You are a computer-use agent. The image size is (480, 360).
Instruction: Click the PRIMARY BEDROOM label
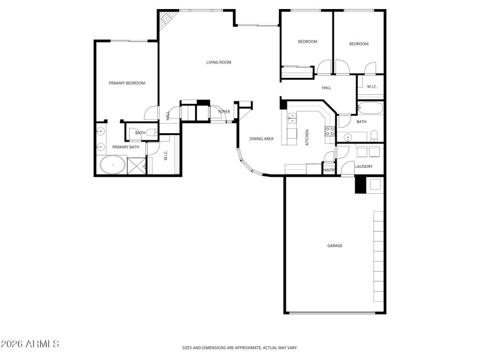point(127,83)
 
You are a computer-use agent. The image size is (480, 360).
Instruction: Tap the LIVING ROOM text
point(218,62)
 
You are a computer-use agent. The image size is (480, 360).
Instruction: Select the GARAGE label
point(334,245)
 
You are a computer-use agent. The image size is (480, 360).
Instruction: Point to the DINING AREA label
point(262,139)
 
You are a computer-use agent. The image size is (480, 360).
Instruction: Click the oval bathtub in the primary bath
point(112,165)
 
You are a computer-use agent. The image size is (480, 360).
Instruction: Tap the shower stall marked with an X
point(137,166)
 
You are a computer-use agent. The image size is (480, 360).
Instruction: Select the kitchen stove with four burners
point(329,131)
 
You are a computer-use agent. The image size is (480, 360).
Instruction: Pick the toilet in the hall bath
point(373,134)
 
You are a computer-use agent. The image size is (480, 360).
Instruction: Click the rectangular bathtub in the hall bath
point(370,109)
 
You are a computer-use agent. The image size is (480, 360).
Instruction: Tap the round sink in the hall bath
point(347,137)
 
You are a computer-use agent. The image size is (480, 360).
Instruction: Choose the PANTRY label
point(329,170)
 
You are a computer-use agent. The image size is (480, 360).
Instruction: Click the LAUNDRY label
point(364,166)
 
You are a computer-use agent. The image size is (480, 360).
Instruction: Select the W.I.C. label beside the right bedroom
point(371,87)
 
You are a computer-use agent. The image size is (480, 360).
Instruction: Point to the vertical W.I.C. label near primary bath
point(166,155)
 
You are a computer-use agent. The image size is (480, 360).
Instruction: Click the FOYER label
point(224,112)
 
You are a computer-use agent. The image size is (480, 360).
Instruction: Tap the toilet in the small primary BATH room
point(153,133)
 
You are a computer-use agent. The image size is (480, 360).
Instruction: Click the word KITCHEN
point(307,137)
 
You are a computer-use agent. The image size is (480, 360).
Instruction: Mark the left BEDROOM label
point(307,41)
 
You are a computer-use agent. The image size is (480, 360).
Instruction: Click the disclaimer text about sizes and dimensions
point(240,347)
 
